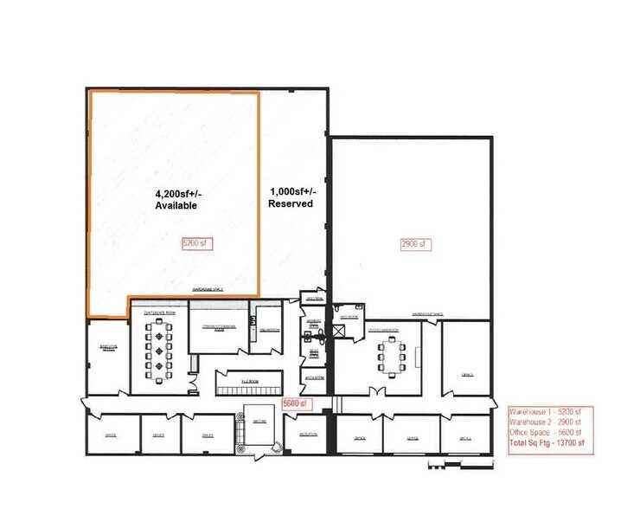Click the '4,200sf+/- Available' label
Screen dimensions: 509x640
(176, 199)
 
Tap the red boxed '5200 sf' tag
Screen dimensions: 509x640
(196, 243)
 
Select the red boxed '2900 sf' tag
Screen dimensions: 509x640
(415, 244)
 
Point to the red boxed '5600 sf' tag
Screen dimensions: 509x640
(296, 403)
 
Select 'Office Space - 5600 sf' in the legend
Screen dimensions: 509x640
(545, 433)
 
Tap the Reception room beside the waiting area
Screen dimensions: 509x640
(307, 433)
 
